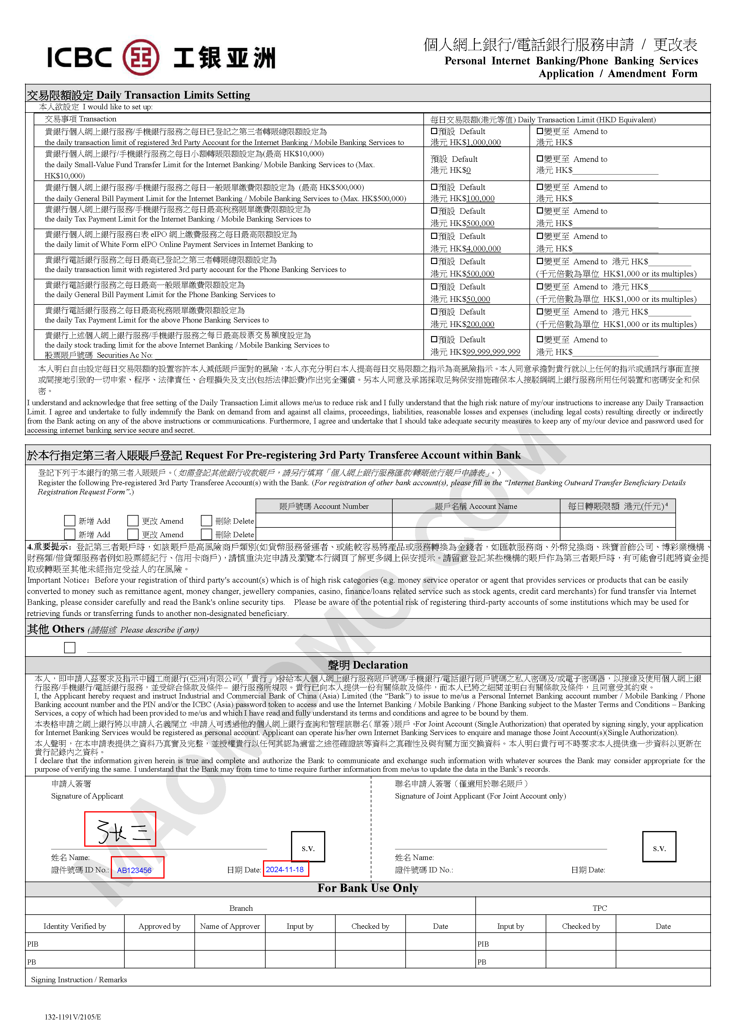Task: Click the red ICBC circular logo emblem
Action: point(141,57)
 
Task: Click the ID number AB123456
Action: point(134,870)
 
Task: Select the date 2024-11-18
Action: point(285,869)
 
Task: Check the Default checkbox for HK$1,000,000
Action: point(434,131)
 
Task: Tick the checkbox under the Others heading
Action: point(69,647)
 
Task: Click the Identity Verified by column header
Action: point(74,926)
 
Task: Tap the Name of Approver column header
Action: point(230,926)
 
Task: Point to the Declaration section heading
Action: point(368,665)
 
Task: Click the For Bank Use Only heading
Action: point(368,888)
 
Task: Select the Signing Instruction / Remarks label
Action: point(79,980)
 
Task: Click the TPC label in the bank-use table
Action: point(599,908)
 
